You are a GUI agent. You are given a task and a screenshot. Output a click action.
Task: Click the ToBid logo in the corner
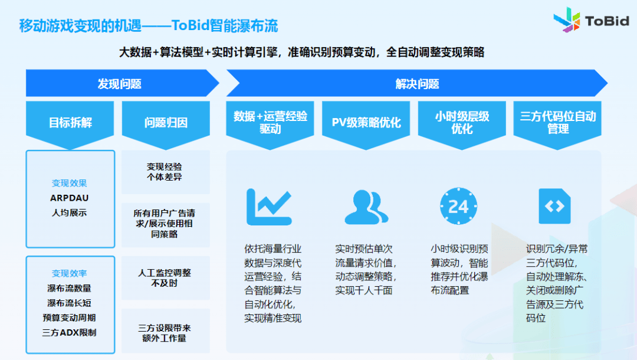coord(591,20)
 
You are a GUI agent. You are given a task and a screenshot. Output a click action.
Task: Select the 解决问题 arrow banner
coord(417,83)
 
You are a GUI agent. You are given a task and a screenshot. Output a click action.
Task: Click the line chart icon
coord(269,207)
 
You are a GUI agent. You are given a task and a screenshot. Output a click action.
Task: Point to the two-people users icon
coord(366,207)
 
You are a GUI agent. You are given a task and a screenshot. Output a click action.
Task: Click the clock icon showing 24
coord(459,207)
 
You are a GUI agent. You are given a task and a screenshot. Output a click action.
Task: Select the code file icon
coord(554,206)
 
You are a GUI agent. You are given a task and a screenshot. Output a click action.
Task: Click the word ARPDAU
coord(69,198)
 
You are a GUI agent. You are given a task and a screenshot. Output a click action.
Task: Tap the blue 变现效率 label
coord(69,273)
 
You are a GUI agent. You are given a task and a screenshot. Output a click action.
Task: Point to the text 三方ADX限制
coord(69,333)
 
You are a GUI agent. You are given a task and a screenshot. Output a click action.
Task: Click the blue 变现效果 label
coord(69,184)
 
